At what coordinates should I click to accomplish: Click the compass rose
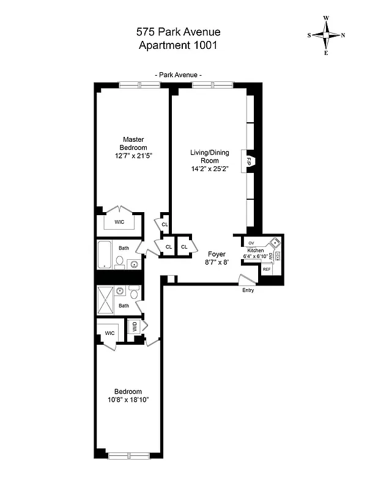click(327, 35)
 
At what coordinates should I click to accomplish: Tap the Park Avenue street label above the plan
click(179, 75)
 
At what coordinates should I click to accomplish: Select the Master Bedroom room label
click(133, 144)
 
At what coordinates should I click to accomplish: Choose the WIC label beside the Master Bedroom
click(119, 222)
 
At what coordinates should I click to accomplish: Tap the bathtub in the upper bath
click(105, 255)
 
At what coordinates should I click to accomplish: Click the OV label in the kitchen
click(251, 243)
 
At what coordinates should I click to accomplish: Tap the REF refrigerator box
click(267, 269)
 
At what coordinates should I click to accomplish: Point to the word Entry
click(248, 290)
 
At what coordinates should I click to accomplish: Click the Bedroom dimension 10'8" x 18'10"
click(128, 400)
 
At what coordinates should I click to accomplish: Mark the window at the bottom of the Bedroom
click(128, 454)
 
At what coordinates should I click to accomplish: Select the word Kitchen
click(256, 251)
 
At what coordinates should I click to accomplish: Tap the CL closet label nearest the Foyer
click(183, 247)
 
